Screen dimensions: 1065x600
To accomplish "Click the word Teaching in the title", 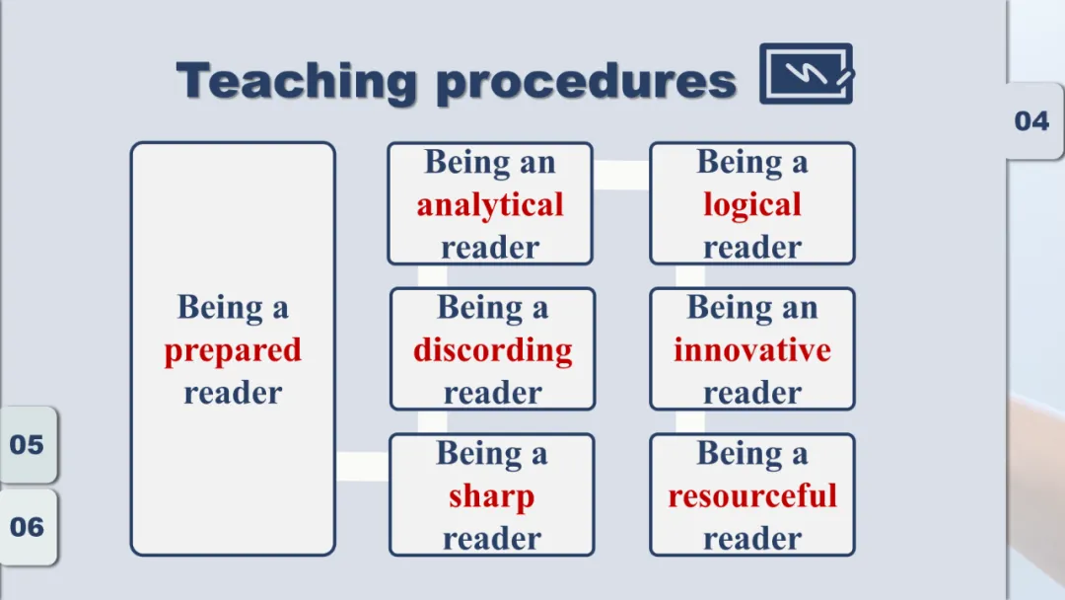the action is point(296,82).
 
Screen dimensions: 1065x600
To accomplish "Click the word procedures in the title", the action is point(586,83).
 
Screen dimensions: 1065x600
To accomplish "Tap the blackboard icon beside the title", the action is point(807,73).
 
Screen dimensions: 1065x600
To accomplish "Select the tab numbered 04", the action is point(1032,121).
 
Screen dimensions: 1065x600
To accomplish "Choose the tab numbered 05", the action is point(28,444).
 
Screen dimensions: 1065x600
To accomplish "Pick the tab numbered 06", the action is point(28,527).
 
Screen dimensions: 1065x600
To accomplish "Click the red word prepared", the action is point(233,351).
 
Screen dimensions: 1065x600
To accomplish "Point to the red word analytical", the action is point(490,205).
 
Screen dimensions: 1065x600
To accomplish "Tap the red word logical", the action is point(751,205).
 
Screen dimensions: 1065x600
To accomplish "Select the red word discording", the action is point(493,350).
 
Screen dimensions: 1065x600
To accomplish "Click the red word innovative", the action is point(751,350).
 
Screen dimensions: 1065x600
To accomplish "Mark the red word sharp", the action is point(492,496).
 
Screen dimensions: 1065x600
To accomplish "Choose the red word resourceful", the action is point(752,495).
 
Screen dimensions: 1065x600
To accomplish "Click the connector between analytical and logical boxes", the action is point(621,176).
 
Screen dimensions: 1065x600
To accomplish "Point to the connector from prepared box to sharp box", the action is point(363,466).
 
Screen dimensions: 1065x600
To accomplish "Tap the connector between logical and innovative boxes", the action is point(690,276).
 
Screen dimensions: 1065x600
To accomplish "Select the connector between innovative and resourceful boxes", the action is point(690,422).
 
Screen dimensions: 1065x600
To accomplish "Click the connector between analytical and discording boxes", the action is point(432,276).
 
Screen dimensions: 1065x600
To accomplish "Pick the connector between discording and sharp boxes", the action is point(432,422).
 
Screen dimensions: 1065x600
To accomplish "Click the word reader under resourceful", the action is point(752,538).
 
